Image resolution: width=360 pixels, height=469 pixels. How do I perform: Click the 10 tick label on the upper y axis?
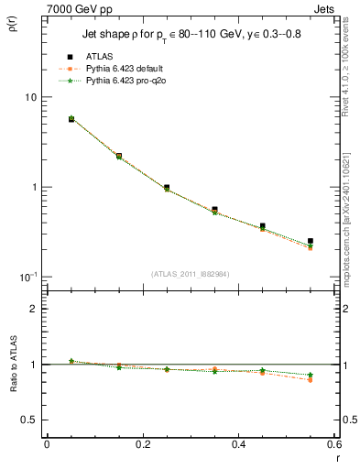(x=29, y=97)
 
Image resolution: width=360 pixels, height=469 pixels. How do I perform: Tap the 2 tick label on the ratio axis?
(x=34, y=309)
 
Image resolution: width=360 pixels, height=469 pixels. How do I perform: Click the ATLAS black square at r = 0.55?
(x=311, y=241)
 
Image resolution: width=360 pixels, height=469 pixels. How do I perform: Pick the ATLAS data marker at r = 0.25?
(x=166, y=187)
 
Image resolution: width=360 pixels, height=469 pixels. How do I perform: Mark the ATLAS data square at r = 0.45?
(x=262, y=225)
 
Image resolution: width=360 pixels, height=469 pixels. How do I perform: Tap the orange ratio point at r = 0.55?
(x=311, y=379)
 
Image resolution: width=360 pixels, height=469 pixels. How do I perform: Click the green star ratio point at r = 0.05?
(x=71, y=361)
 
